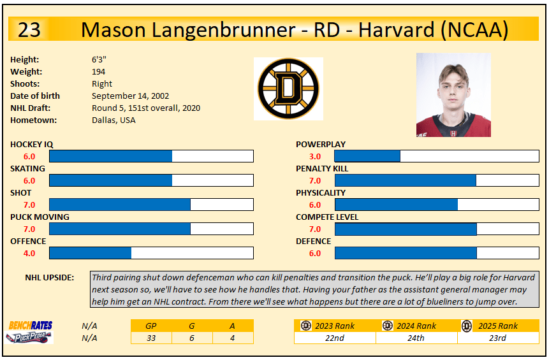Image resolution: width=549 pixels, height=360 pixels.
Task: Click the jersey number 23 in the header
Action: pos(29,29)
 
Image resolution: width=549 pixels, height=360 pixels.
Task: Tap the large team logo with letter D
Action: pos(288,89)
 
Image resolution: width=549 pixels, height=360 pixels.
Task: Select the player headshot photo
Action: pos(453,95)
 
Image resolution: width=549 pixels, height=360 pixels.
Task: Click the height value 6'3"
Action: pos(99,59)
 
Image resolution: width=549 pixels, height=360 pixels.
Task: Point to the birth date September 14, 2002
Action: pos(130,96)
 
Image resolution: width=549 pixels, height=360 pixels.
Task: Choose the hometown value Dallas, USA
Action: pos(113,120)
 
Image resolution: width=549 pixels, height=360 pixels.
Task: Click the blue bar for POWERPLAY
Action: pos(367,156)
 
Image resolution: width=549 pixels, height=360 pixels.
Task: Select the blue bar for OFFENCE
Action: pos(91,253)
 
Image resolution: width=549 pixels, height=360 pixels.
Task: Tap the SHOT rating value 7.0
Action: pos(29,205)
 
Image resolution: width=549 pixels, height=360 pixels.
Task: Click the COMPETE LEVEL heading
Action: pos(327,217)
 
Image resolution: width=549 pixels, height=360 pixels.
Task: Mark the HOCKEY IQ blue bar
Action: pos(111,156)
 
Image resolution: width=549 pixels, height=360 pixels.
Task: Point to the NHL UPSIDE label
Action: pos(49,278)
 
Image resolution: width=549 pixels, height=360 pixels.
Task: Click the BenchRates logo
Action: pos(31,326)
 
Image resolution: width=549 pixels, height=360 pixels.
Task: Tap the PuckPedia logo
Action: pos(29,337)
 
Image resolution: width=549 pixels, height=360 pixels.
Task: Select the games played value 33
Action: pos(151,338)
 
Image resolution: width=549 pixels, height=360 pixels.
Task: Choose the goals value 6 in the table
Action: pos(192,338)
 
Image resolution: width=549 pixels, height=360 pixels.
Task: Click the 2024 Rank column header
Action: pos(416,326)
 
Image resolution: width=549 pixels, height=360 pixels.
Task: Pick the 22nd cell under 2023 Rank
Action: pos(335,338)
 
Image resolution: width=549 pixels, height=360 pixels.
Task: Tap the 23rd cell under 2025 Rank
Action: pos(497,338)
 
